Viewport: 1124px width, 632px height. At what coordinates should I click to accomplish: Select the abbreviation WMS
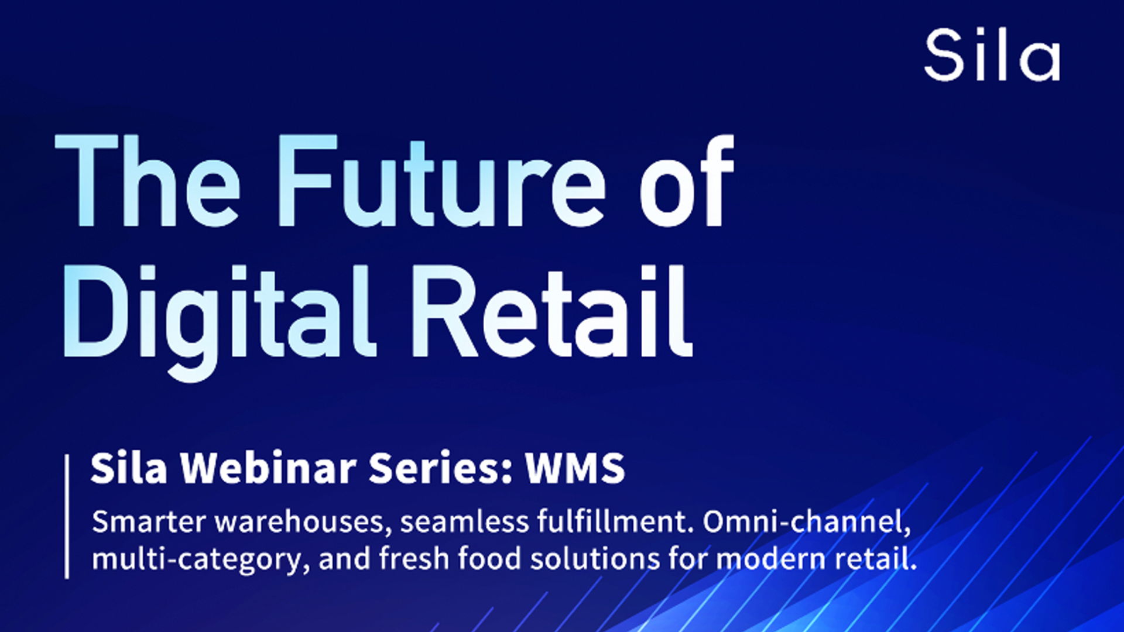(x=575, y=468)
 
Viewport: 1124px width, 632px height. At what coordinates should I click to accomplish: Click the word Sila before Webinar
(x=129, y=468)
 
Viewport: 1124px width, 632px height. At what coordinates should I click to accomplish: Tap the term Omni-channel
(x=807, y=523)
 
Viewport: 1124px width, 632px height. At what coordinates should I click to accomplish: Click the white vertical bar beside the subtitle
(x=67, y=517)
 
